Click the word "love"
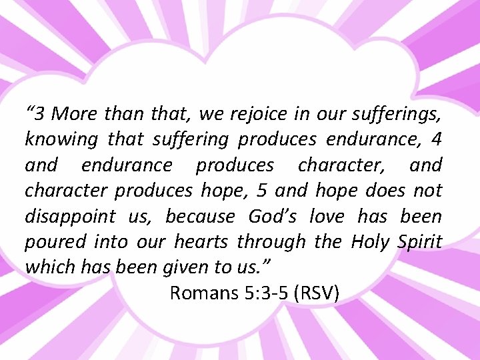327,217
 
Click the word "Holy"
369,241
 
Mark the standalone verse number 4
436,139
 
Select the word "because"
200,217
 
